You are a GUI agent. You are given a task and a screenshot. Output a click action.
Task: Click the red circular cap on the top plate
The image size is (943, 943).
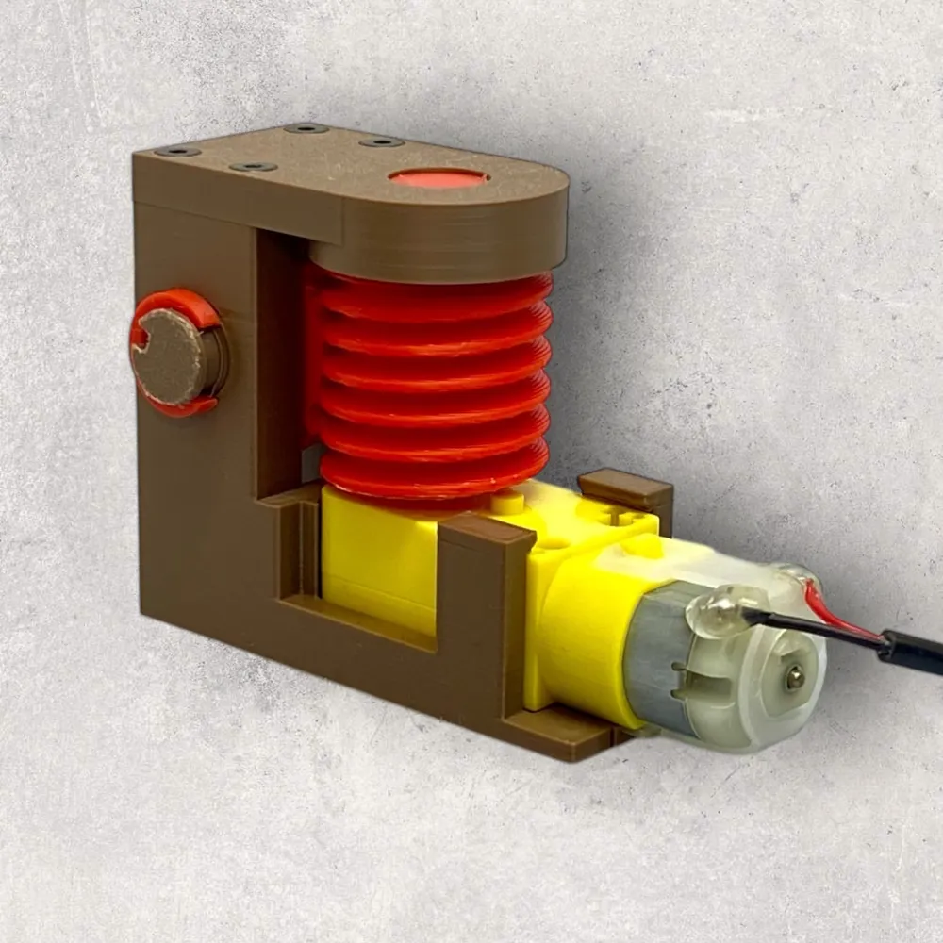coord(438,177)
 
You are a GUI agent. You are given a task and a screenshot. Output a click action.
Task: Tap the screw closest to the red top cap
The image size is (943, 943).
coord(381,142)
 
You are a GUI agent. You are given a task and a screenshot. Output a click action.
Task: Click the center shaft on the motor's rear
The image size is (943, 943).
coord(795,673)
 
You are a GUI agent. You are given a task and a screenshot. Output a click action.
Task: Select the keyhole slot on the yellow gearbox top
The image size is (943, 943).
coord(618,516)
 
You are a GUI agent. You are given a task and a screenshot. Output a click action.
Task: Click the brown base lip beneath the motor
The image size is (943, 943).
coord(566,740)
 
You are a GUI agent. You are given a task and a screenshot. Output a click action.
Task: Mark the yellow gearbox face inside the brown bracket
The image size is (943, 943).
coord(377,566)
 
